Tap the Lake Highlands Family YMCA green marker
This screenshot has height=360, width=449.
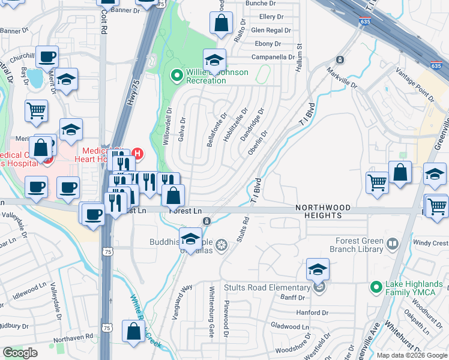click(x=376, y=287)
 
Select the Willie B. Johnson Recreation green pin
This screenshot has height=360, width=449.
click(x=176, y=76)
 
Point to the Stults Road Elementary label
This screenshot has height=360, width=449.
click(x=267, y=287)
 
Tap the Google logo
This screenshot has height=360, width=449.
click(x=20, y=353)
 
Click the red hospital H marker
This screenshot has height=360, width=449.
click(x=137, y=154)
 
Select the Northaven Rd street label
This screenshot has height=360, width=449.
click(x=73, y=337)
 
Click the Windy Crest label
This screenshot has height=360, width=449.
click(x=430, y=244)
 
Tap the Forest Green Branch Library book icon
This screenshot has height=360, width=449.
click(x=392, y=244)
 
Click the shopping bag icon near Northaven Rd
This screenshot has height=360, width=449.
click(x=133, y=331)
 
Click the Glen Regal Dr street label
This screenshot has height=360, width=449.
click(x=271, y=30)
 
